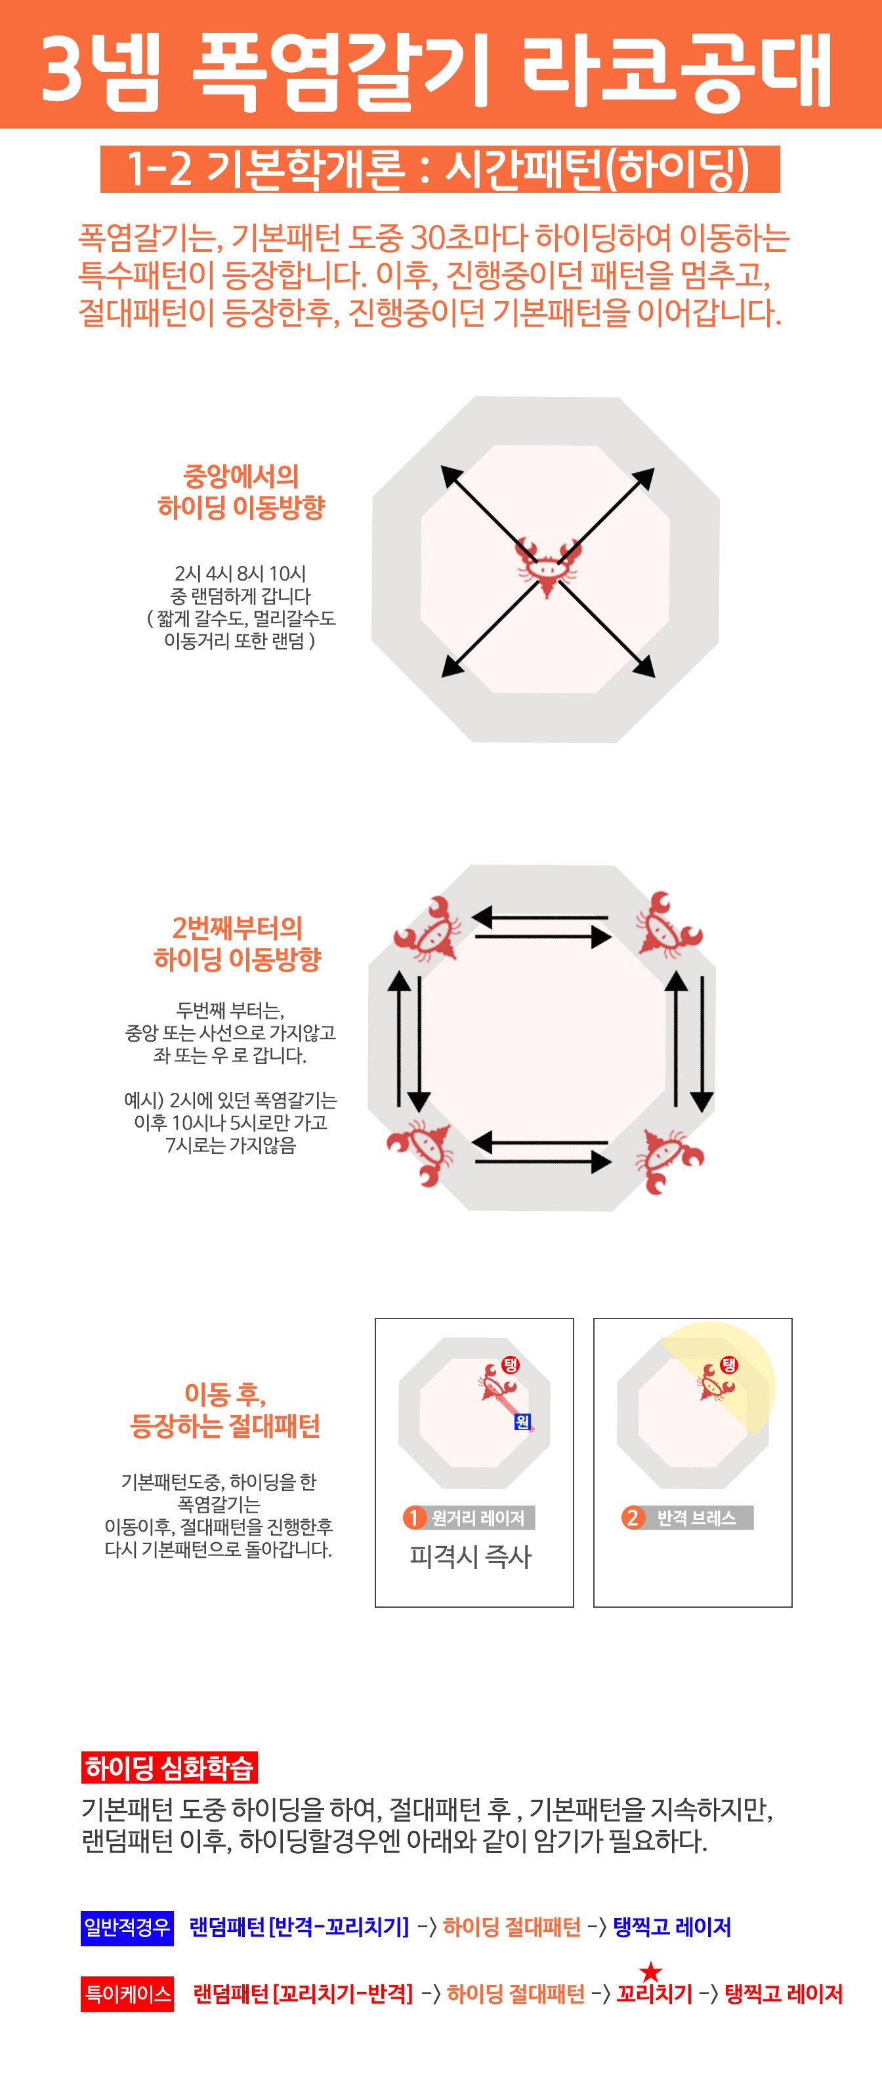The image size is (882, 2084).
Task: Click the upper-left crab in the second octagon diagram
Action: click(427, 928)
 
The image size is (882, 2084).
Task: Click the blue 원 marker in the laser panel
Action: click(523, 1421)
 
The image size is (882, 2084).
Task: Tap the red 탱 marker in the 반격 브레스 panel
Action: click(729, 1366)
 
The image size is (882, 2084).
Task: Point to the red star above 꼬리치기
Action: click(650, 1972)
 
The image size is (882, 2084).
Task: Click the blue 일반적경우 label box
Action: click(127, 1927)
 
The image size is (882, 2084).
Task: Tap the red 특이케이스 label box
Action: click(127, 1993)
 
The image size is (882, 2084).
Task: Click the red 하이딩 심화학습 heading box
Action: click(169, 1768)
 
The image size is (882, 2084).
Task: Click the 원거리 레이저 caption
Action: click(477, 1518)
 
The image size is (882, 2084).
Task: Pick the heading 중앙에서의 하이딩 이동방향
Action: click(241, 491)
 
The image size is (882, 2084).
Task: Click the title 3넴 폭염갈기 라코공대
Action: click(437, 70)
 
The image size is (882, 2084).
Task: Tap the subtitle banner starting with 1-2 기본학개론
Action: click(440, 169)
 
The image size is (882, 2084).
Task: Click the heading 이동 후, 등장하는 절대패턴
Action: click(225, 1410)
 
